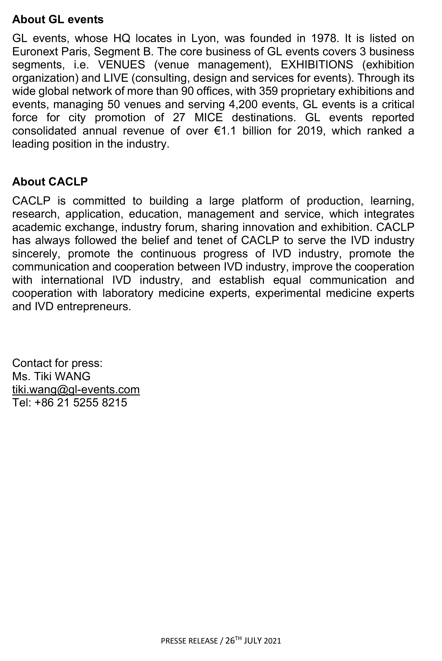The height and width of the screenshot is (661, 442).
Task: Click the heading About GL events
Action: (58, 20)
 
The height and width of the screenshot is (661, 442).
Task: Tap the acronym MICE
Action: (208, 118)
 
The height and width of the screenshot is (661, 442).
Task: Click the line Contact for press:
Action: (57, 363)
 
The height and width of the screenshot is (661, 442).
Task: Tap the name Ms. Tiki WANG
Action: (51, 376)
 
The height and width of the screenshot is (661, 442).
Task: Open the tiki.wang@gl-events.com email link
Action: (76, 390)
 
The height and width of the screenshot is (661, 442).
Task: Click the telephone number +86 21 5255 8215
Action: (81, 402)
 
